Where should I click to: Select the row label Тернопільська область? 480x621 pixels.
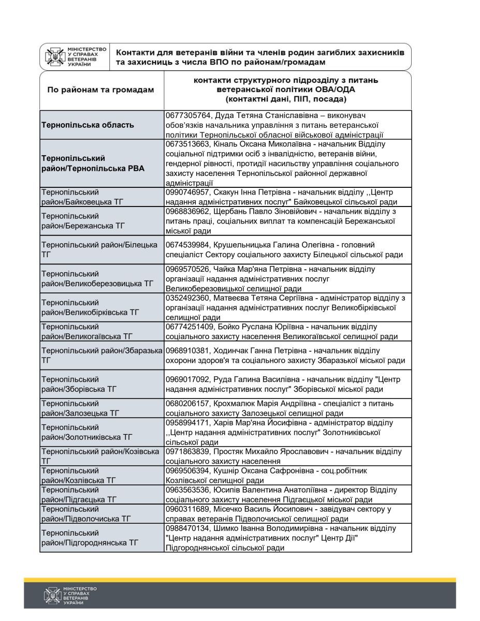pos(88,125)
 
